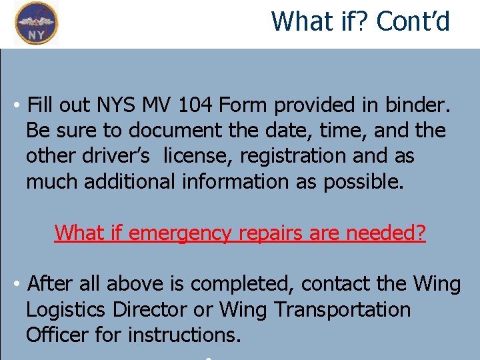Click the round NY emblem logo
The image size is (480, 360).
(x=37, y=23)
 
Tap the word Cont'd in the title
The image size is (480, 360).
(x=413, y=21)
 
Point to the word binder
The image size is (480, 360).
(x=420, y=105)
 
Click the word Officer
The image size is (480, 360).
(x=57, y=335)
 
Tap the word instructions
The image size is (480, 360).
(x=184, y=335)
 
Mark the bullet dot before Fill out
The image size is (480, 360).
(x=15, y=106)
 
